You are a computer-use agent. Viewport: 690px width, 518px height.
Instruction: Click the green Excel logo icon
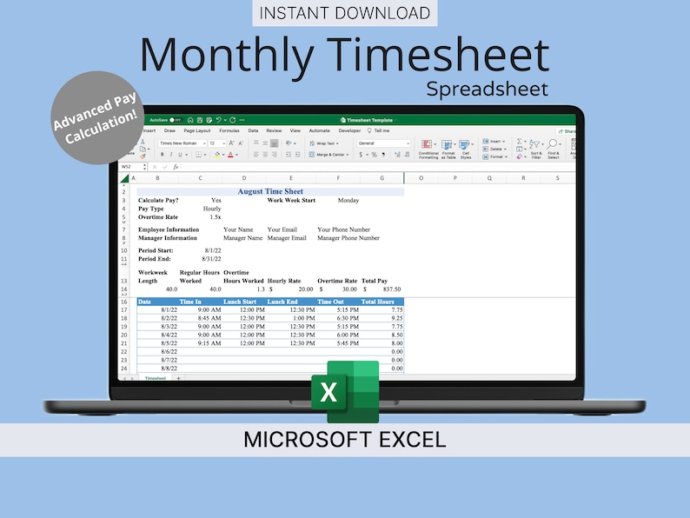(x=346, y=391)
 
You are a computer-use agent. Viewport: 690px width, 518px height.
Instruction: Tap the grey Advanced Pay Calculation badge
(x=96, y=117)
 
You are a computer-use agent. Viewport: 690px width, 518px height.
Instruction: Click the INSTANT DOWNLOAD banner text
(x=344, y=13)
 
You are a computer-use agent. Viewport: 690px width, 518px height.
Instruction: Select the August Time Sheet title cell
(x=270, y=191)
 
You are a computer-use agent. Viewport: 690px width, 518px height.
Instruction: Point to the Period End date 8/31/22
(x=210, y=259)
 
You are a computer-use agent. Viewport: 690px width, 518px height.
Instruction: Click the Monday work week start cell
(x=348, y=200)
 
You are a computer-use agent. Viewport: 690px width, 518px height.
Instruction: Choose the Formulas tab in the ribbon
(x=229, y=130)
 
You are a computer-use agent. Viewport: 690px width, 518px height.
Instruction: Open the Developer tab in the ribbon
(x=349, y=130)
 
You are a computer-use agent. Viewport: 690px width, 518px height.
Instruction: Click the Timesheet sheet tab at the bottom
(x=155, y=379)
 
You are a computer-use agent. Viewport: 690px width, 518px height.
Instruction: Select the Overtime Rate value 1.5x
(x=215, y=217)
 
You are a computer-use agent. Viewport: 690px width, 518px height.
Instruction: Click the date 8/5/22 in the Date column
(x=169, y=343)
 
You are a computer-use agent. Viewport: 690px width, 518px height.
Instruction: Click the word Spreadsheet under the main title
(x=487, y=89)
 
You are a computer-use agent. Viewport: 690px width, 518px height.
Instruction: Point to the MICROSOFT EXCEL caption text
(x=344, y=439)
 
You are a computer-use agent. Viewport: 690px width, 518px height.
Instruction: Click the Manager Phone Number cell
(x=348, y=237)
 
